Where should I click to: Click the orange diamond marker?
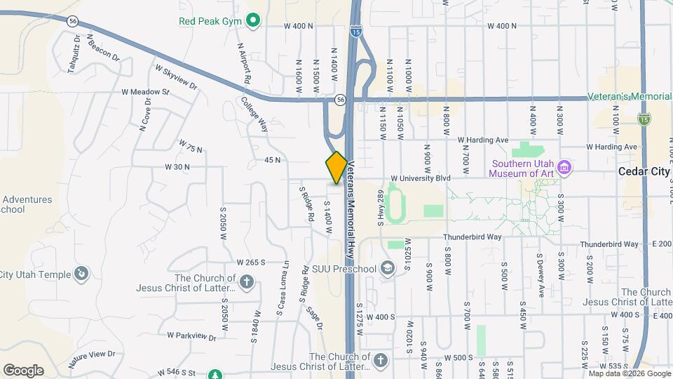pos(336,167)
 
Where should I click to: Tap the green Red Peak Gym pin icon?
pos(254,21)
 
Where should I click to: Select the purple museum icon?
pos(566,168)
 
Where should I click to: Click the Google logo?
pos(23,370)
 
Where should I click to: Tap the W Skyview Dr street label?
pos(176,77)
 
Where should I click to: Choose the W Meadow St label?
pos(145,92)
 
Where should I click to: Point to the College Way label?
pos(254,114)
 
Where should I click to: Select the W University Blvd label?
pos(421,178)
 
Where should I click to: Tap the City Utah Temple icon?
pos(82,273)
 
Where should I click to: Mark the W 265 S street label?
pos(250,262)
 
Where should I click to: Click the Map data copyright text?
pos(629,373)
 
